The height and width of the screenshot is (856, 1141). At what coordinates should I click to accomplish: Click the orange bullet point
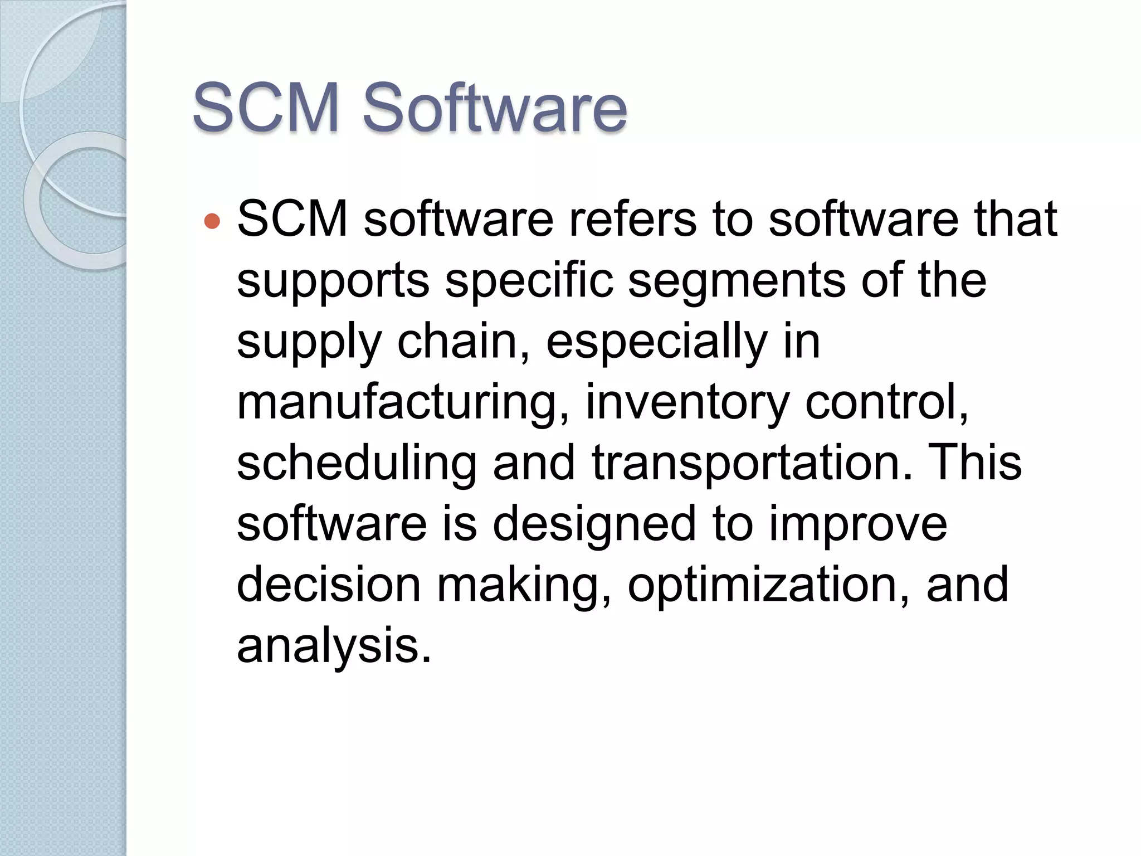coord(212,221)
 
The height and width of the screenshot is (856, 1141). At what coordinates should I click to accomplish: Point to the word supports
coord(333,281)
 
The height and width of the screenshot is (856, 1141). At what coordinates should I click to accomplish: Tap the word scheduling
coord(357,464)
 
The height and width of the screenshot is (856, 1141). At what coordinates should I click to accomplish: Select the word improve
coord(858,525)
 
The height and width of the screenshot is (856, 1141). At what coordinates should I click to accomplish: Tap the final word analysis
coord(334,646)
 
